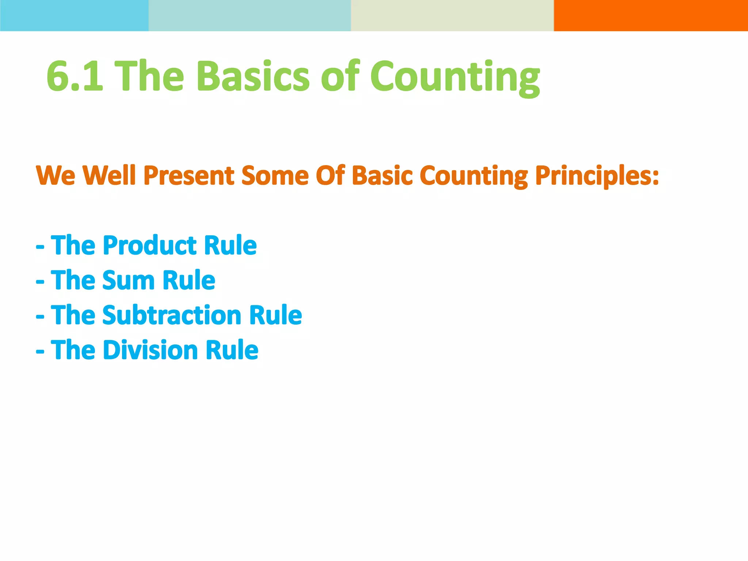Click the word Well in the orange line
pyautogui.click(x=109, y=176)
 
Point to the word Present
pyautogui.click(x=188, y=176)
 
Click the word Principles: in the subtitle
pyautogui.click(x=597, y=176)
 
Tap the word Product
pyautogui.click(x=149, y=245)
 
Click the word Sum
pyautogui.click(x=128, y=280)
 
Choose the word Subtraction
pyautogui.click(x=172, y=315)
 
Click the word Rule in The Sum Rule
pyautogui.click(x=189, y=280)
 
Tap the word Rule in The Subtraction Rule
pyautogui.click(x=275, y=315)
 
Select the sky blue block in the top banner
pyautogui.click(x=74, y=15)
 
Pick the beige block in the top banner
pyautogui.click(x=452, y=15)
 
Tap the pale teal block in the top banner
pyautogui.click(x=250, y=15)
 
